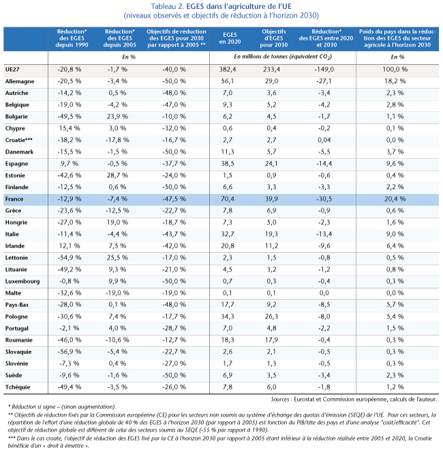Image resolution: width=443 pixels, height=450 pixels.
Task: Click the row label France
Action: [14, 199]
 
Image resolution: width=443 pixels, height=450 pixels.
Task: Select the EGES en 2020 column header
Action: [230, 38]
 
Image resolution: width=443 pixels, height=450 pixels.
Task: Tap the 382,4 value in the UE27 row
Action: [228, 70]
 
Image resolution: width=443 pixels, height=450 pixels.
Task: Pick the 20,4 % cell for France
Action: [395, 199]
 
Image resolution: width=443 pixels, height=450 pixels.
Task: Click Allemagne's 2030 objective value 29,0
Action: [271, 81]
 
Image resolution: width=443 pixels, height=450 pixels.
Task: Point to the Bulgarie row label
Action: [16, 117]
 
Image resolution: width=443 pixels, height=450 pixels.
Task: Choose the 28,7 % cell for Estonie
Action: [117, 175]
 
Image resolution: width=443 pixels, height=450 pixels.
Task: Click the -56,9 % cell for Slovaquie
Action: [70, 352]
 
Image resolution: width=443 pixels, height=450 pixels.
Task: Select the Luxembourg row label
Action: [22, 282]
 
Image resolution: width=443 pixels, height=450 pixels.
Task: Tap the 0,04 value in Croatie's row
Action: [324, 140]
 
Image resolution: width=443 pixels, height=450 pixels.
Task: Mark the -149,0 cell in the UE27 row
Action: [324, 70]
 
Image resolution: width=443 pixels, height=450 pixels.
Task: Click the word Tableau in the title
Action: [165, 6]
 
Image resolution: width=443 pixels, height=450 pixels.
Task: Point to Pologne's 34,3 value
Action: [228, 316]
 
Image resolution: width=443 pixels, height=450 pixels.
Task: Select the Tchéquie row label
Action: [18, 387]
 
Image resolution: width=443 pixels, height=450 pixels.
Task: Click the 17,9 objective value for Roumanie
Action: [271, 340]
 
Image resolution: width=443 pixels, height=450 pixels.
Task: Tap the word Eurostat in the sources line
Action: [304, 399]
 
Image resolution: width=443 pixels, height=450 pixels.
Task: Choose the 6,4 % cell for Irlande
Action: [395, 246]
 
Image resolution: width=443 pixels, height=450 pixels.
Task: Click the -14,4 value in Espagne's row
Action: [324, 164]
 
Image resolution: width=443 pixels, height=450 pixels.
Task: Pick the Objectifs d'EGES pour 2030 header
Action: [274, 38]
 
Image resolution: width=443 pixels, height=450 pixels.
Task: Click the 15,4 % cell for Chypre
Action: [70, 128]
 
